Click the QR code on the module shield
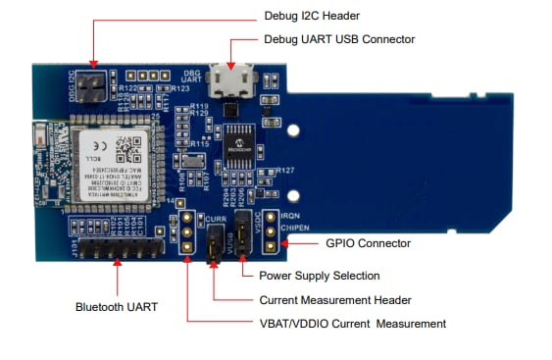coord(125,148)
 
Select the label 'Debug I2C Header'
coord(312,17)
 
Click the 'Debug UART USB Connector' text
coord(339,39)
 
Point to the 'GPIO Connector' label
coord(368,242)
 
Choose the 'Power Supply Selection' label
coord(318,276)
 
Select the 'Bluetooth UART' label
coord(115,306)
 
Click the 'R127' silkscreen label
coord(285,172)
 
